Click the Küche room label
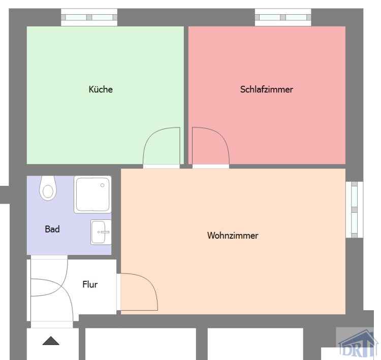(x=101, y=90)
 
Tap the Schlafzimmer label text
(x=267, y=90)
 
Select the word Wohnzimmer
(x=233, y=236)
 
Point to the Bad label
(x=52, y=230)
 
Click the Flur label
(x=90, y=284)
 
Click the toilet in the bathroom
(x=48, y=187)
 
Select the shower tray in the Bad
(x=92, y=194)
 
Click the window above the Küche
(x=89, y=18)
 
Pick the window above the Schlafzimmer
(x=283, y=18)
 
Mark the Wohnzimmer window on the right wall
(x=352, y=210)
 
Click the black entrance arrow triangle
(x=51, y=341)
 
